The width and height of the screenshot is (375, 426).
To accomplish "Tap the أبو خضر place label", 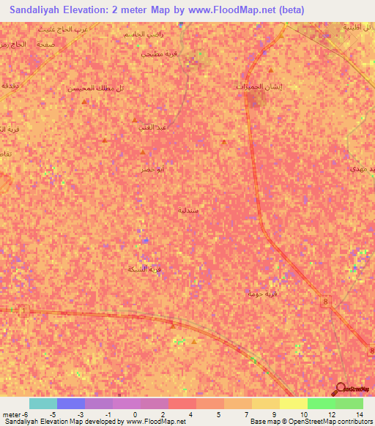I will pos(152,168).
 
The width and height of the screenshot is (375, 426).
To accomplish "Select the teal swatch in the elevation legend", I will pos(43,403).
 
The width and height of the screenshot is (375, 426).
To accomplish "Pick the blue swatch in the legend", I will pos(71,403).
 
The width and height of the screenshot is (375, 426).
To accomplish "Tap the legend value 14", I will pos(359,414).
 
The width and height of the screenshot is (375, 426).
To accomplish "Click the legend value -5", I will pos(53,414).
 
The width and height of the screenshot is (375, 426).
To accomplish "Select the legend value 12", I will pos(331,414).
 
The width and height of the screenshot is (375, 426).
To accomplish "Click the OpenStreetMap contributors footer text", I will pos(322,422).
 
